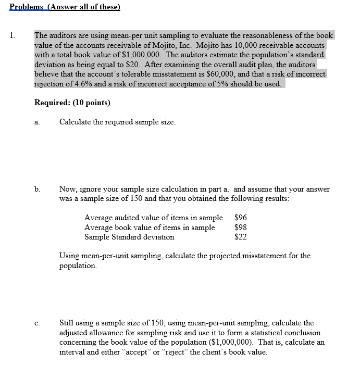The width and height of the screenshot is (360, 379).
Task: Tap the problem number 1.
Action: point(12,36)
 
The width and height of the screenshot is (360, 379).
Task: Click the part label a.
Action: point(37,122)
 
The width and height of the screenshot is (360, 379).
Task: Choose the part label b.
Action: point(38,189)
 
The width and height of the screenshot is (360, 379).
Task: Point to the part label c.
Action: point(37,323)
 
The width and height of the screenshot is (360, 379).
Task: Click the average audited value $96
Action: point(241,218)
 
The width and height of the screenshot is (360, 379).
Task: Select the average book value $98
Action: point(241,228)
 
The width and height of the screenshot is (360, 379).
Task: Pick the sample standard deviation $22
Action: point(241,237)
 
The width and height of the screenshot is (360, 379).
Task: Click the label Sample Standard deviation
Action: point(129,237)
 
